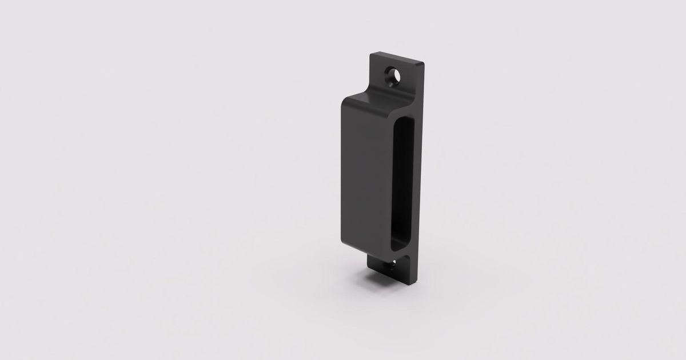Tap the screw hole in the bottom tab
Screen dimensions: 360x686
click(394, 265)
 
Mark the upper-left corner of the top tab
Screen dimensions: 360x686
click(371, 54)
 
